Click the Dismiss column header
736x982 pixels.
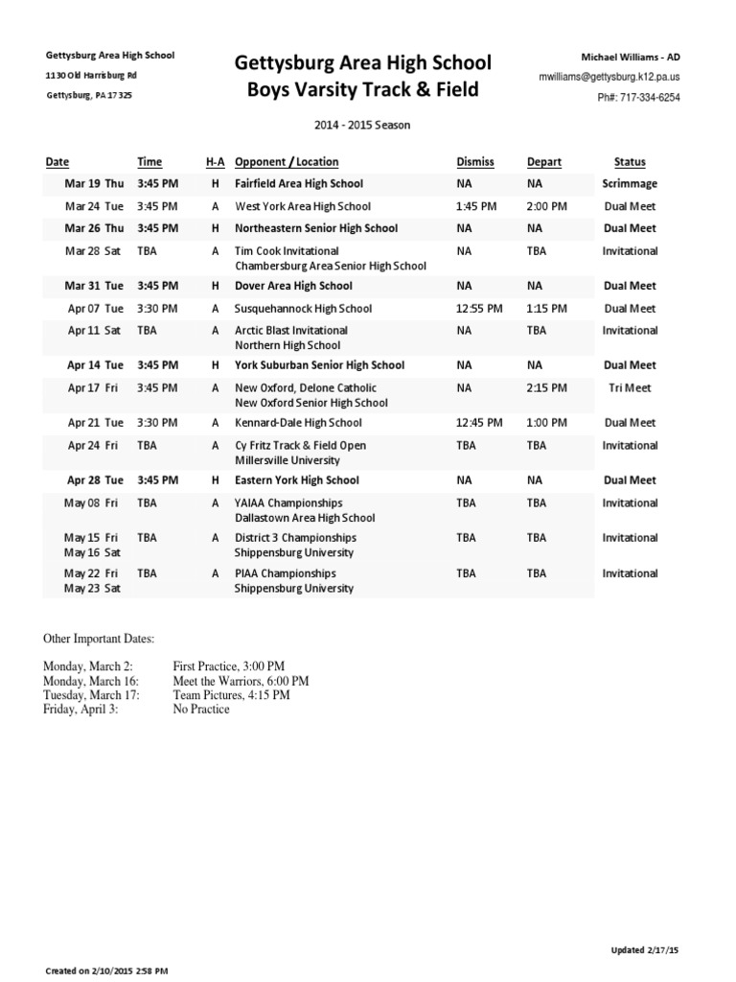[x=475, y=162]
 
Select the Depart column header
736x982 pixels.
[x=544, y=162]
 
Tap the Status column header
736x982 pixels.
[x=630, y=162]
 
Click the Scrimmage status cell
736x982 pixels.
[x=630, y=183]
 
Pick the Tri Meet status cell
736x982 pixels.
[x=630, y=387]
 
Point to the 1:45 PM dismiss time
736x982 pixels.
[x=476, y=206]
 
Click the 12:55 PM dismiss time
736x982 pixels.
[x=479, y=309]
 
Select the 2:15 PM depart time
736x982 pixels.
[x=546, y=387]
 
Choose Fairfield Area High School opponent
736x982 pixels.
[x=299, y=183]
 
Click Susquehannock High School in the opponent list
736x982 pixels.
[x=304, y=309]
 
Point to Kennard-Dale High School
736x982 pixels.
[x=298, y=423]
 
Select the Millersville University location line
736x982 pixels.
[x=287, y=460]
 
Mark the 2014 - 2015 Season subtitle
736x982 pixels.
[x=363, y=126]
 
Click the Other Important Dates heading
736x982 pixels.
[x=98, y=639]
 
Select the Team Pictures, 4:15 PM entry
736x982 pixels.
[x=230, y=695]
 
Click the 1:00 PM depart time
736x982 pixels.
[x=546, y=423]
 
